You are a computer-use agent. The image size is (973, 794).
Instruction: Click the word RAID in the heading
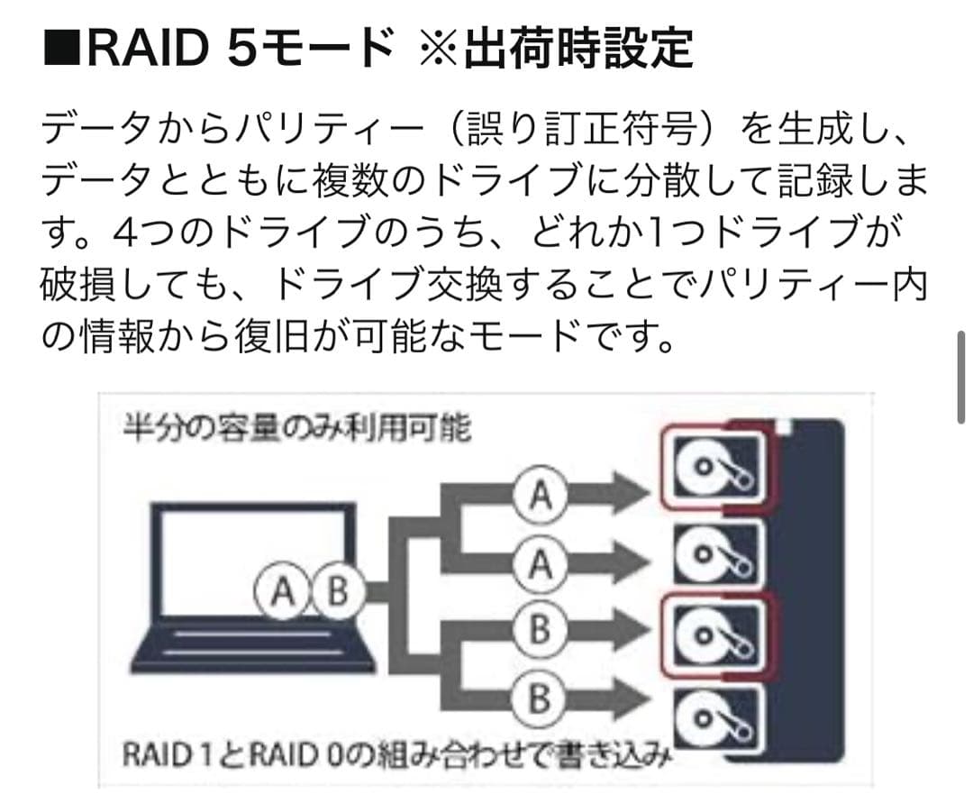pos(146,47)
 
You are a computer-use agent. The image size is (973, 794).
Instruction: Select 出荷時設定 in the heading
pos(578,48)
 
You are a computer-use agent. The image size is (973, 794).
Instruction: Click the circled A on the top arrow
pos(538,494)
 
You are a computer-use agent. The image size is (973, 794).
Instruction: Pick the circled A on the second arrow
pos(538,565)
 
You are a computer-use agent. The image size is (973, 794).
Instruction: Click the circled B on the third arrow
pos(538,629)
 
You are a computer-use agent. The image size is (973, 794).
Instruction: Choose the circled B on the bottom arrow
pos(538,699)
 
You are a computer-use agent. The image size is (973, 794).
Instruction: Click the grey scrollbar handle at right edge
pos(960,376)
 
